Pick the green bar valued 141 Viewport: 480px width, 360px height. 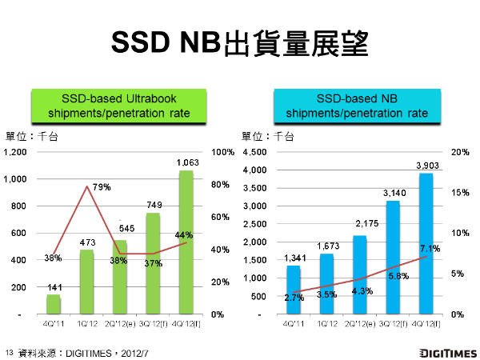(53, 305)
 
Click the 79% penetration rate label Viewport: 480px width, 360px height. (102, 187)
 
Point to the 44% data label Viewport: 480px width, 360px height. (183, 234)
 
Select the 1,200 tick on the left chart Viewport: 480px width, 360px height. (17, 152)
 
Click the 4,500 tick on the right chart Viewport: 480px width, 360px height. (254, 152)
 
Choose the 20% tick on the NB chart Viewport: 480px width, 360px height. (459, 152)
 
